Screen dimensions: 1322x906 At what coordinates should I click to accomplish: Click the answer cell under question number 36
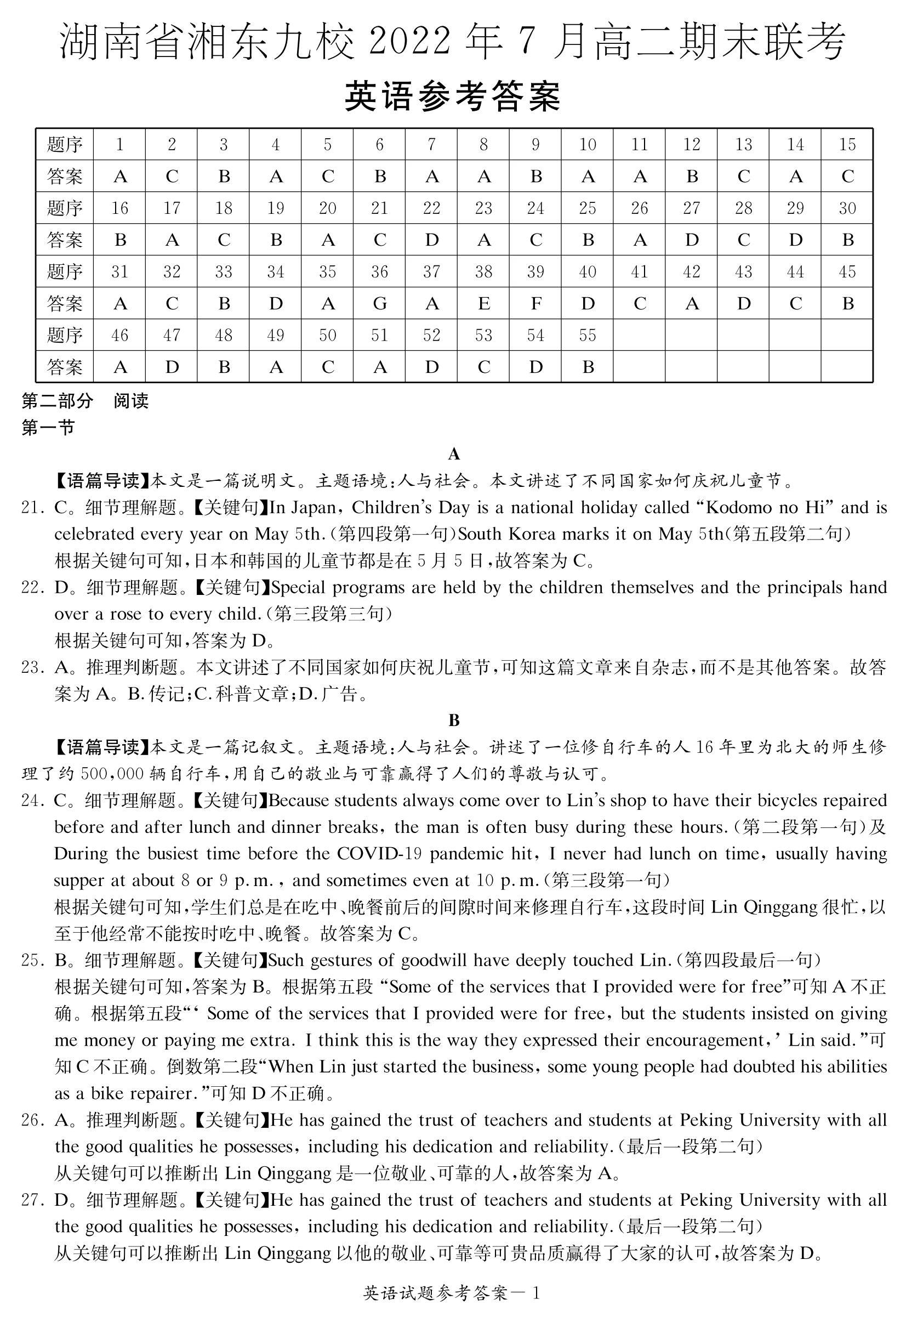[x=379, y=304]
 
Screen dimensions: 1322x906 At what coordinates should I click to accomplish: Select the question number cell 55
[x=587, y=335]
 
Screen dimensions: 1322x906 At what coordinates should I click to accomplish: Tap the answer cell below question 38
[x=483, y=304]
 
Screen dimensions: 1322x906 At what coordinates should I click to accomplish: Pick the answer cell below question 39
[x=535, y=304]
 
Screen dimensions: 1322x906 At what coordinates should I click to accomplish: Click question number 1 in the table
[x=119, y=145]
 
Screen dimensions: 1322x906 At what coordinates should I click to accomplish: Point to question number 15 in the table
[x=847, y=145]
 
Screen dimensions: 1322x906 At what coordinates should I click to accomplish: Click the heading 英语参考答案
[x=453, y=96]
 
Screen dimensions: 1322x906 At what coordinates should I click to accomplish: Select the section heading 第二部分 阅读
[x=86, y=401]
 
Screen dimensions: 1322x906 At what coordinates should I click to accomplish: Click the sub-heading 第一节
[x=48, y=428]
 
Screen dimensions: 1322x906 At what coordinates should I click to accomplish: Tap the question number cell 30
[x=847, y=208]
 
